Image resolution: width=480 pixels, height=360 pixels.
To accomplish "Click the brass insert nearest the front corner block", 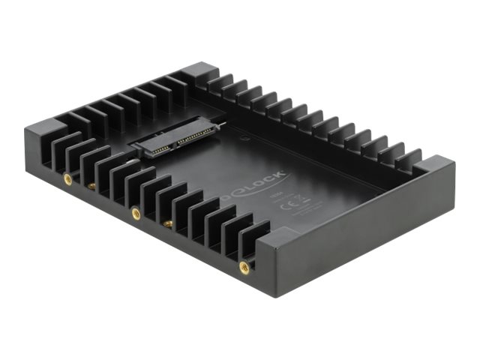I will click(244, 265).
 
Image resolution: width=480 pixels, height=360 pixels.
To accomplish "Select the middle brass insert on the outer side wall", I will click(136, 213).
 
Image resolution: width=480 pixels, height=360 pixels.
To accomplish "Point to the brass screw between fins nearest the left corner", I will click(91, 184).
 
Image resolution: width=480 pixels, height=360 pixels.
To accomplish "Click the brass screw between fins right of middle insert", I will click(168, 223).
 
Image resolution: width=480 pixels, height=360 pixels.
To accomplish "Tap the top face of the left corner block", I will click(47, 131).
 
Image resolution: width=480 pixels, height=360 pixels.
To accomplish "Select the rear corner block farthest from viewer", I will click(198, 71).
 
